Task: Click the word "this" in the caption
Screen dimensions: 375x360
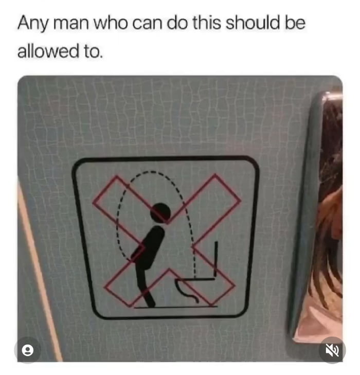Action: pos(208,24)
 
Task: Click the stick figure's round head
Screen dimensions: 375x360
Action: pos(160,212)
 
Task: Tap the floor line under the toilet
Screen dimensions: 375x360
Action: pos(175,307)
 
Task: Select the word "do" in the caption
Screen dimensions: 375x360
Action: pos(178,24)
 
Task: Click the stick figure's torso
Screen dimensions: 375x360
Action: pos(152,247)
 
